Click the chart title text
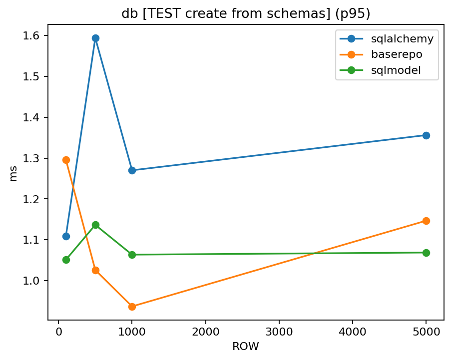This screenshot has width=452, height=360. [246, 13]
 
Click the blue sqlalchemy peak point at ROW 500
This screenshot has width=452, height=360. [95, 38]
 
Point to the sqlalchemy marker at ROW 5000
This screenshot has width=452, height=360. [426, 135]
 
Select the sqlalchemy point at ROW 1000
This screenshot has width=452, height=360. [132, 170]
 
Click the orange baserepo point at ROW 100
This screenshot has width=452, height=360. [66, 160]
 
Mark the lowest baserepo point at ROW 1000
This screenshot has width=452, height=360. [132, 307]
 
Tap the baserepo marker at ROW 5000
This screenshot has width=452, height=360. [426, 221]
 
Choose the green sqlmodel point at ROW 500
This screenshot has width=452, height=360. [95, 225]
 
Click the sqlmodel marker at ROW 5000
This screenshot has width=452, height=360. [426, 253]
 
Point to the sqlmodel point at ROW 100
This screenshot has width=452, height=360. [66, 260]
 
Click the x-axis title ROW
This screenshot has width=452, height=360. [246, 346]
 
